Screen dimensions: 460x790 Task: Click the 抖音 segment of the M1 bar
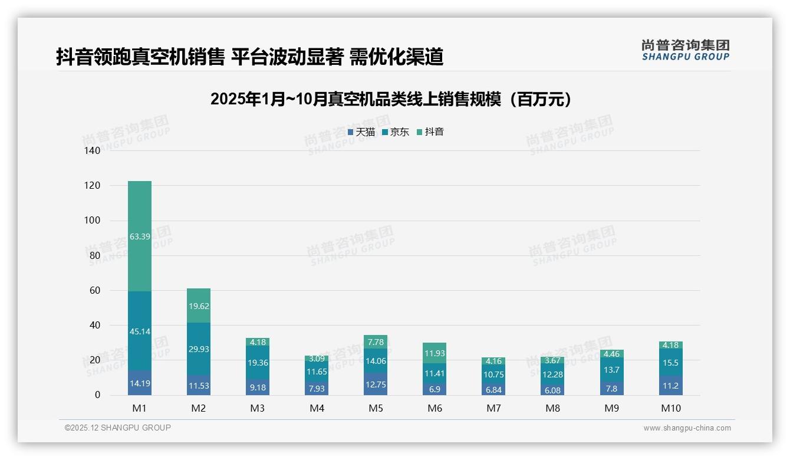click(x=140, y=236)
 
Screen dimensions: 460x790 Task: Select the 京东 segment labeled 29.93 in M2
click(x=199, y=349)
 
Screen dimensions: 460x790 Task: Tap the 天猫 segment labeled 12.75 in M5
click(x=376, y=384)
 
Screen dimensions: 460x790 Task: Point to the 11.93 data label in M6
click(x=434, y=353)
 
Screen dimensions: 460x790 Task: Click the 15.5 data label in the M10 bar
click(x=670, y=363)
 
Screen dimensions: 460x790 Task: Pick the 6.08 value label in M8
click(x=552, y=390)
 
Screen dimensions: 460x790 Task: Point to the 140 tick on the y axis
click(x=93, y=150)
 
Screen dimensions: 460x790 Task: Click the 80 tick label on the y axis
click(x=95, y=255)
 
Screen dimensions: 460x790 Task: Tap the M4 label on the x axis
click(x=317, y=408)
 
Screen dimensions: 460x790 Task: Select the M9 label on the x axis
click(x=611, y=408)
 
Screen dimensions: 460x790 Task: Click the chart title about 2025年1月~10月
click(x=391, y=99)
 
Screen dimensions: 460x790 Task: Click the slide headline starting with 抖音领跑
click(x=249, y=57)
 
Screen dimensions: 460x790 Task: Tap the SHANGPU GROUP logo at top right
click(x=685, y=50)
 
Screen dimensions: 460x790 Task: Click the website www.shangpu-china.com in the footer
click(x=687, y=428)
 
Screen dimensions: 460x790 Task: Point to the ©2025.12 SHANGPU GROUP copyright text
click(x=118, y=428)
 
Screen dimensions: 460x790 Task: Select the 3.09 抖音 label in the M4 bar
click(x=317, y=359)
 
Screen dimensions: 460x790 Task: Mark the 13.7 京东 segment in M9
click(x=611, y=370)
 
